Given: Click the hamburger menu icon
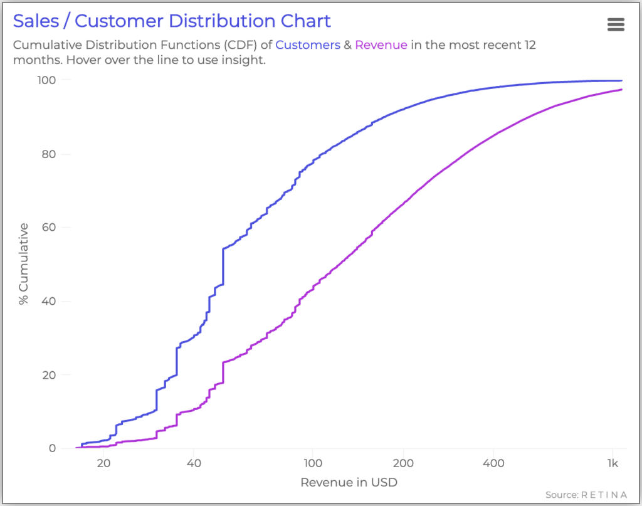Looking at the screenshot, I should (616, 24).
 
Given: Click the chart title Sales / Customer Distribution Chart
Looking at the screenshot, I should (172, 21).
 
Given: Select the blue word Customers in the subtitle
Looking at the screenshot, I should (305, 45).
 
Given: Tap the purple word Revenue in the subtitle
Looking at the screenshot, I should (381, 45).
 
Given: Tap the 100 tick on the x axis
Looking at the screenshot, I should (312, 464).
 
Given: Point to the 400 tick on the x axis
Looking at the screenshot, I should (493, 464).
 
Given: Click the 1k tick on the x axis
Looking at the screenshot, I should (613, 464).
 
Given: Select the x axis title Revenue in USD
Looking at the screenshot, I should (349, 482).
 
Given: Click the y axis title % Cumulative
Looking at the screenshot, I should (24, 263).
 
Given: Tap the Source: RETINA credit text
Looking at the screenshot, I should (586, 495).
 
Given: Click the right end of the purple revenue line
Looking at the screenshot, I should (621, 90).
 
